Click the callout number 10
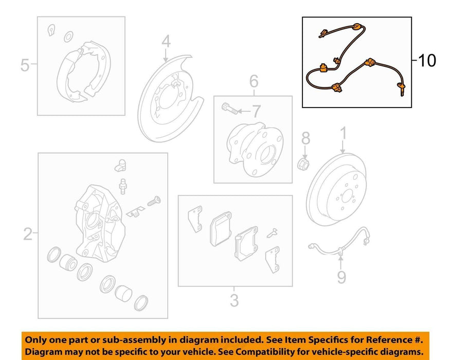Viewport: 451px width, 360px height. coord(427,61)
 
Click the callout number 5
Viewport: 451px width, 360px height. coord(25,65)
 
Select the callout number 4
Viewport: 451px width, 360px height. coord(166,42)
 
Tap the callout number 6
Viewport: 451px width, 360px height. coord(254,81)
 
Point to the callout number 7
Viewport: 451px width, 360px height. coord(256,111)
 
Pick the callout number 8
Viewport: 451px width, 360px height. coord(306,138)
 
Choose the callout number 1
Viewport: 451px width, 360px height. coord(344,134)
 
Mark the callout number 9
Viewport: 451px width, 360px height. coord(341,277)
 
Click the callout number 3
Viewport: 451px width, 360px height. coord(234,300)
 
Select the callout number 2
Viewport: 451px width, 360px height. coord(28,234)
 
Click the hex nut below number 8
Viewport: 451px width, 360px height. coord(303,164)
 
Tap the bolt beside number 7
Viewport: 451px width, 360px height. coord(230,109)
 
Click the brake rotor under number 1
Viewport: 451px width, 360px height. coord(336,190)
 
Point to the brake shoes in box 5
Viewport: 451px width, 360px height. coord(84,72)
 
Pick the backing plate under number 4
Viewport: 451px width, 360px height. coord(170,98)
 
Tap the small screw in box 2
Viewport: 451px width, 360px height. coord(154,201)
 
